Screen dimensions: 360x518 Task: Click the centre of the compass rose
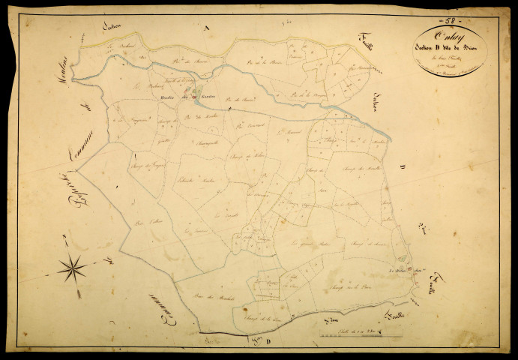click(73, 266)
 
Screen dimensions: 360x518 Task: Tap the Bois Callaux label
click(145, 223)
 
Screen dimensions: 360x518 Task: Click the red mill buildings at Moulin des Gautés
click(196, 95)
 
